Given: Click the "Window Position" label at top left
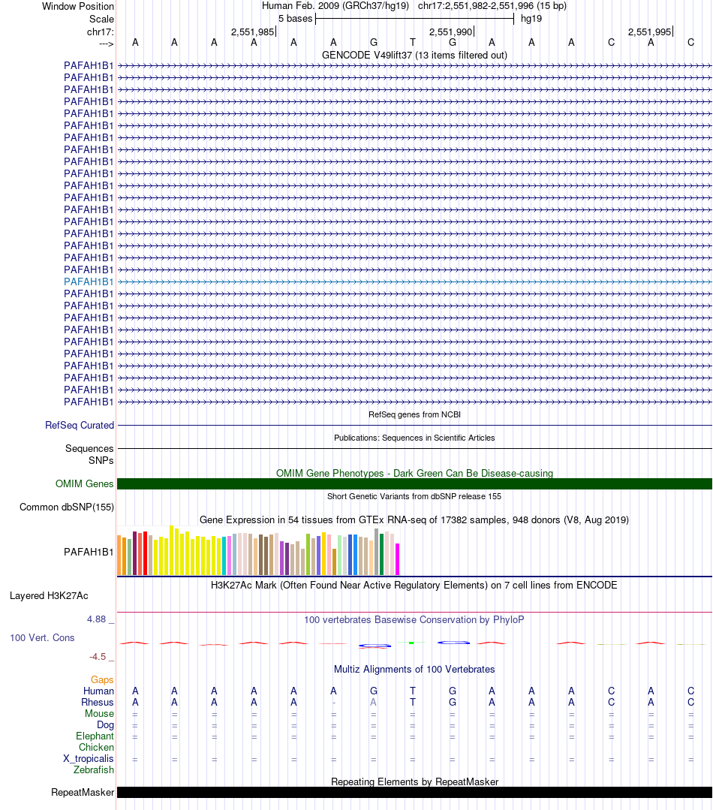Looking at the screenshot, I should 78,7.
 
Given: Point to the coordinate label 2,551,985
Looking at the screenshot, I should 252,32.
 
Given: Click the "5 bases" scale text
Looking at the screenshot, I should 295,19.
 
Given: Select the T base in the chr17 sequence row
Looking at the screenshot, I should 412,43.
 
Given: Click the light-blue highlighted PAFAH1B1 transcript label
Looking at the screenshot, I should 89,282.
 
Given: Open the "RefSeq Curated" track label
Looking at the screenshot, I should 80,426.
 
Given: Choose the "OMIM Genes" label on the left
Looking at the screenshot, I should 84,484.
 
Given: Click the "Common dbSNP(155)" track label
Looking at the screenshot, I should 67,507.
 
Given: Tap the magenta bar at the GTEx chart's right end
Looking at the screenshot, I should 397,559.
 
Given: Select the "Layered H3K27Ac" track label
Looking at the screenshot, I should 49,596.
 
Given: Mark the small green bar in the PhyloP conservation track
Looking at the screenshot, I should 411,643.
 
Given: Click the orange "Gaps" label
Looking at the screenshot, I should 102,679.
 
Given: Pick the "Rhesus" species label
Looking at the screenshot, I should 98,702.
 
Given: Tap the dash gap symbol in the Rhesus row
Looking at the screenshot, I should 333,702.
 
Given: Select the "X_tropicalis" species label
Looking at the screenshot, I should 89,759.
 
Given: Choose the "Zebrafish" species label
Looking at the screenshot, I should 94,770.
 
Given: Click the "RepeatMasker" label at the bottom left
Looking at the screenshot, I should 83,793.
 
